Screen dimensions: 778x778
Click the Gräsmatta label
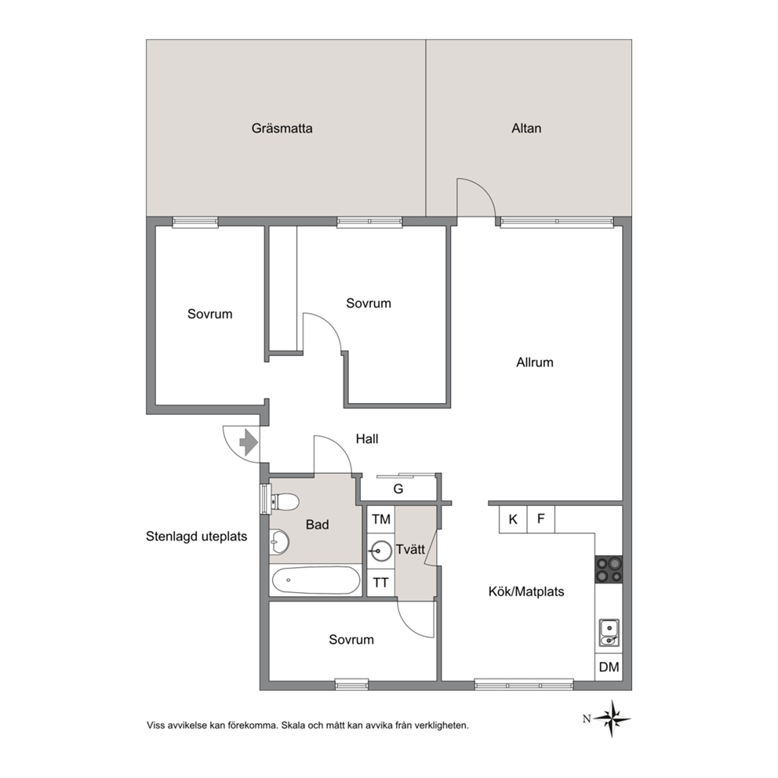pos(282,129)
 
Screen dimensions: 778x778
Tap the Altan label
pos(526,129)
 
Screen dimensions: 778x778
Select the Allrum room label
pos(534,362)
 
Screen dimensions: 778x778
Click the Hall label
pos(367,438)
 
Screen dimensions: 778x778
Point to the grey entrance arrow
pos(249,442)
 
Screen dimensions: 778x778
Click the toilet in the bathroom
pos(284,501)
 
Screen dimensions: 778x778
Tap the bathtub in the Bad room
pos(316,580)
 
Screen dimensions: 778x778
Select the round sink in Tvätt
pos(381,551)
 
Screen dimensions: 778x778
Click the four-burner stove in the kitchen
pos(609,569)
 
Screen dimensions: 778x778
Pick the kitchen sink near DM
pos(609,633)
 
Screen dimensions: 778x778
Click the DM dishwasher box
pos(609,667)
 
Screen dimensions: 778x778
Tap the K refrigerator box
pos(513,519)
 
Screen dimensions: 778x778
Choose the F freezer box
pos(541,519)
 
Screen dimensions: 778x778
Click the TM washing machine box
pos(381,519)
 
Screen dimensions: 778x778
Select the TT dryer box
pos(381,583)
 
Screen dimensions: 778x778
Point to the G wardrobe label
pos(398,489)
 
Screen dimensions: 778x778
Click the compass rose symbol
pos(613,718)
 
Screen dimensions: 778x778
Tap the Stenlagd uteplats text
pos(197,536)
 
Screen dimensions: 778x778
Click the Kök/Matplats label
pos(526,591)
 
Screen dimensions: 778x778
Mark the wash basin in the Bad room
pos(279,542)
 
